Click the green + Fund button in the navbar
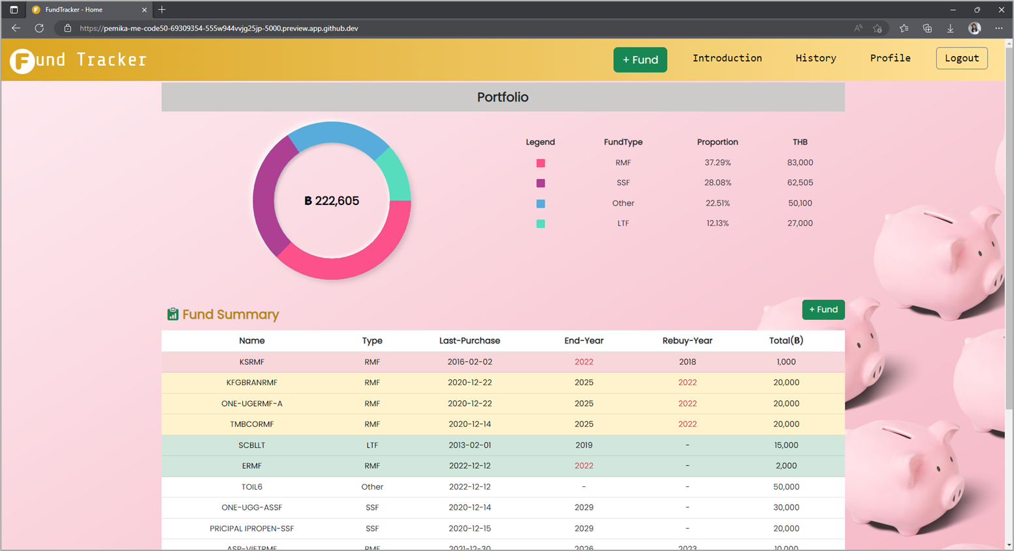pyautogui.click(x=640, y=59)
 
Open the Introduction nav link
pyautogui.click(x=727, y=58)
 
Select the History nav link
pyautogui.click(x=816, y=58)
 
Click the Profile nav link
pyautogui.click(x=890, y=58)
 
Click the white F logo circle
pyautogui.click(x=22, y=61)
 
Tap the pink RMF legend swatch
pyautogui.click(x=541, y=163)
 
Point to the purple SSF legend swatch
pyautogui.click(x=541, y=183)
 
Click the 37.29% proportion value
pyautogui.click(x=717, y=163)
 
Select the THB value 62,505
pyautogui.click(x=800, y=183)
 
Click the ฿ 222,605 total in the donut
pyautogui.click(x=332, y=201)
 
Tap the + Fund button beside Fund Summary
pyautogui.click(x=823, y=309)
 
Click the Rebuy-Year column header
pyautogui.click(x=687, y=341)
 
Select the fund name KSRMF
pyautogui.click(x=251, y=362)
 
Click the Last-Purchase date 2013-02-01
pyautogui.click(x=469, y=445)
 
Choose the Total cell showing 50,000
pyautogui.click(x=785, y=487)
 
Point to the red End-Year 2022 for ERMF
pyautogui.click(x=584, y=466)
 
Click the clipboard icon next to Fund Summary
pyautogui.click(x=172, y=315)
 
